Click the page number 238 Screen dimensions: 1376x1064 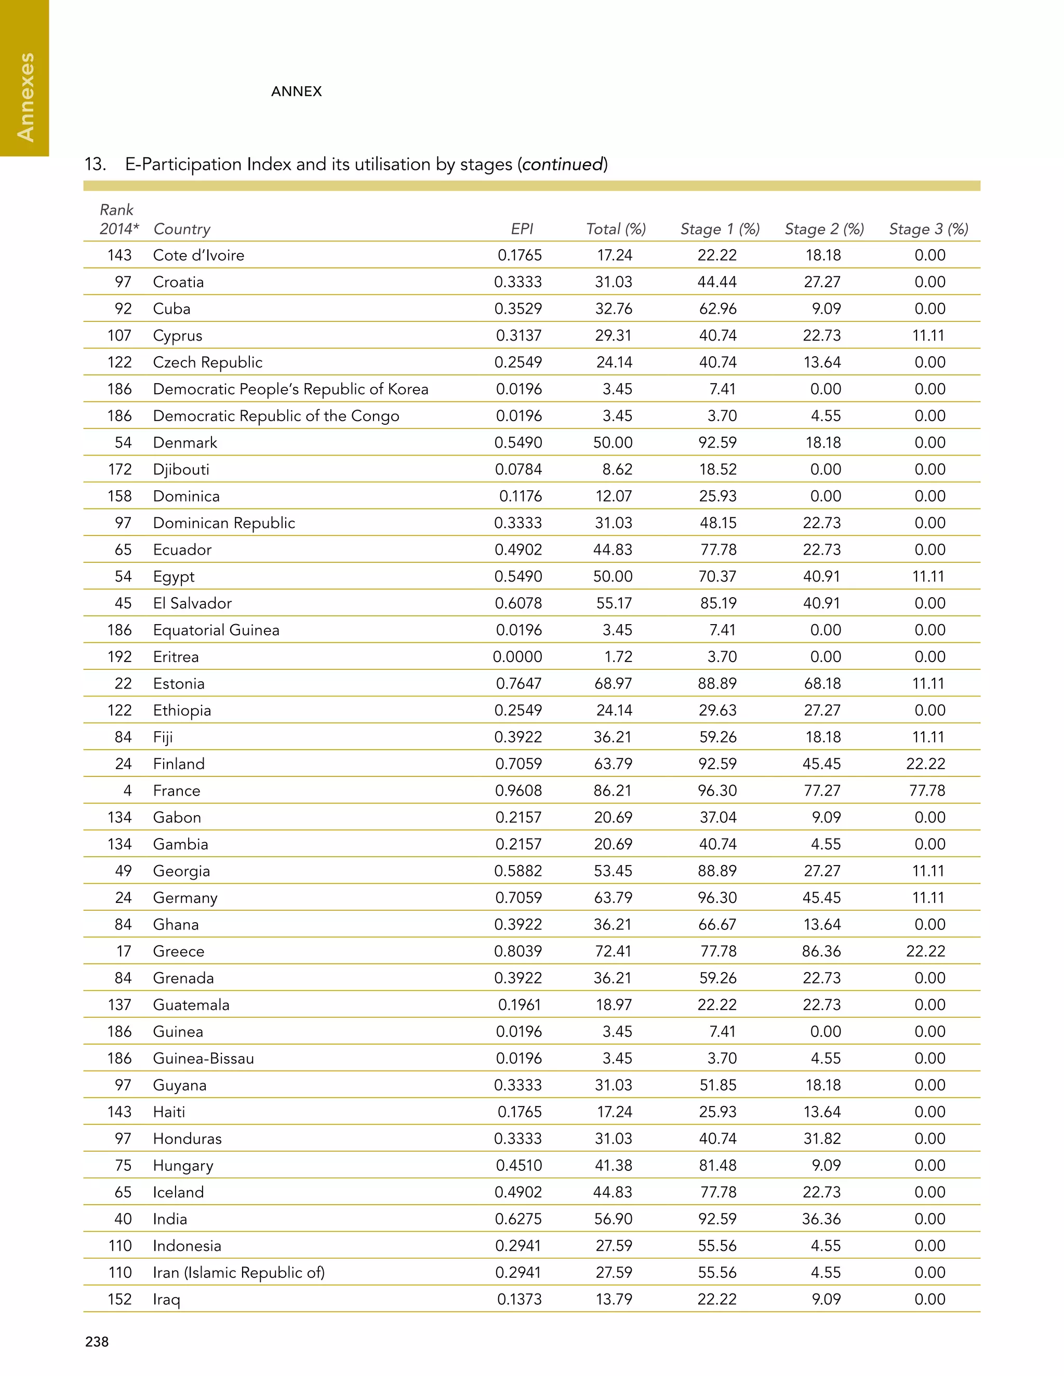97,1341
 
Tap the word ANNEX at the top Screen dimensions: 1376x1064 296,91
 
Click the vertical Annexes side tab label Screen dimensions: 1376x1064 25,97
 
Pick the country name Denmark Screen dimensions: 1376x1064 184,442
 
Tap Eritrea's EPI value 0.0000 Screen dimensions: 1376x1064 517,656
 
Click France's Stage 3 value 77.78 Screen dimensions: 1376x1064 927,790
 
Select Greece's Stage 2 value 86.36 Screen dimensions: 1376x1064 821,951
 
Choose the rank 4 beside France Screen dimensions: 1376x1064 127,790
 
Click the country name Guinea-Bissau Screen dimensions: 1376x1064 203,1058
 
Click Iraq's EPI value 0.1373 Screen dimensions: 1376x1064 519,1299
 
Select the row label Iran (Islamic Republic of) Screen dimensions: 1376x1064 238,1272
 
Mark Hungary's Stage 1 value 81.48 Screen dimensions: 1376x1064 717,1165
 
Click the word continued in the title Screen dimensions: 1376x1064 562,165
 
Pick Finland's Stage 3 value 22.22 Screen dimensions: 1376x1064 925,764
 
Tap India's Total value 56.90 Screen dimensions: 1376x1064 613,1219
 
